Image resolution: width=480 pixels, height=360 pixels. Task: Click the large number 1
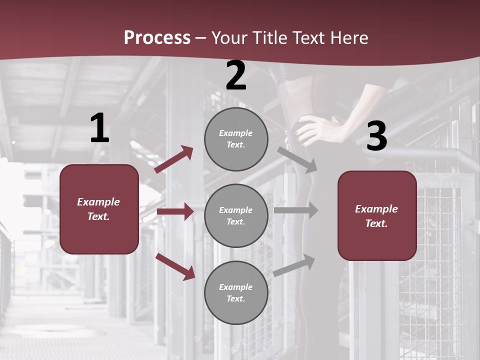(x=99, y=128)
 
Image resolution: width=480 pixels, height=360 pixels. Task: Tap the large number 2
(x=236, y=76)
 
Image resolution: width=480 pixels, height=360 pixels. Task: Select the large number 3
(x=376, y=136)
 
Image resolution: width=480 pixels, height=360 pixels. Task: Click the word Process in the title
(x=157, y=37)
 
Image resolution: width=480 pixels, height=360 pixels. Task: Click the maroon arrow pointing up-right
(x=174, y=159)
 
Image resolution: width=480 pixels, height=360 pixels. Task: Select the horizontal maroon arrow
(x=175, y=211)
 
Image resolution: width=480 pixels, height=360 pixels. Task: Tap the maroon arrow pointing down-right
(x=175, y=266)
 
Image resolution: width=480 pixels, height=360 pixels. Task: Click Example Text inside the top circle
(x=236, y=139)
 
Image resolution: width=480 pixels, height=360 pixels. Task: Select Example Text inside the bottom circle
(x=236, y=293)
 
